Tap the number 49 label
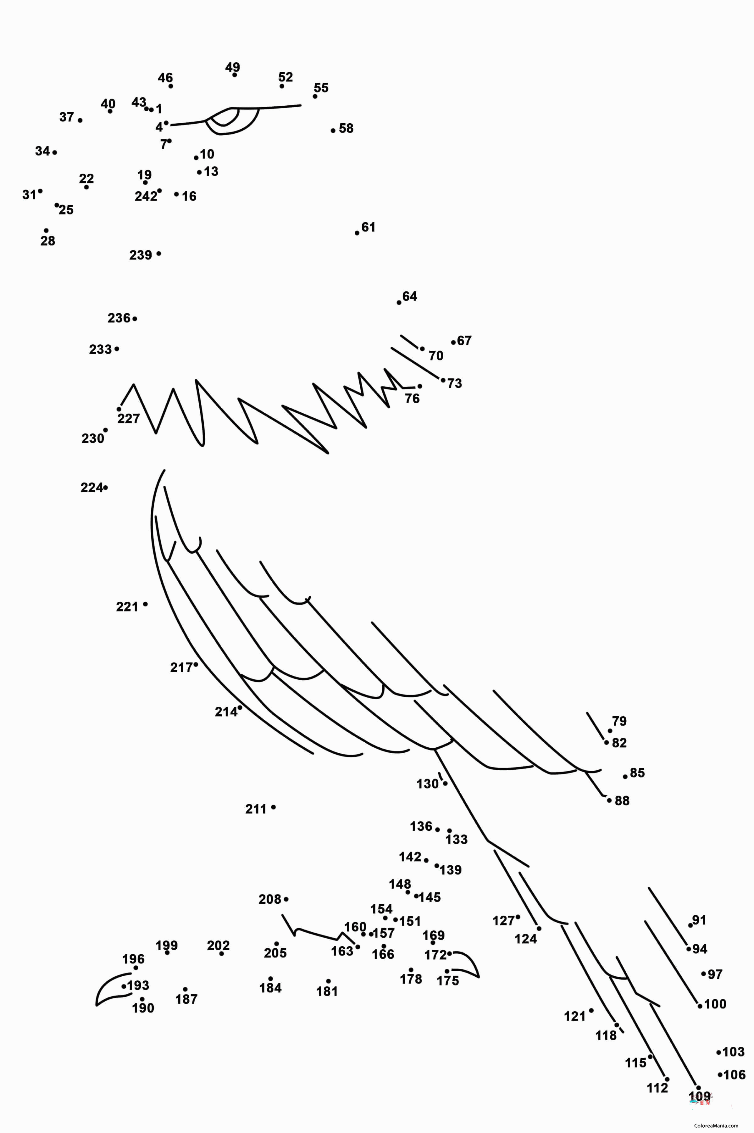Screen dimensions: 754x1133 click(x=233, y=67)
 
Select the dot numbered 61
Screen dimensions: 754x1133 click(x=357, y=233)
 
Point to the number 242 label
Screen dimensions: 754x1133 click(x=146, y=196)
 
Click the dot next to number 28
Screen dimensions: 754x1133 click(x=46, y=231)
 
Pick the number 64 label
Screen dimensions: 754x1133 click(x=410, y=296)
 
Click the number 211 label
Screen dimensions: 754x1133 click(x=256, y=809)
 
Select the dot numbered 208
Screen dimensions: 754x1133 click(x=286, y=899)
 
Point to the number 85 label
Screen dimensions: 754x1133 click(x=637, y=773)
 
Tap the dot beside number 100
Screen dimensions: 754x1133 click(x=700, y=1006)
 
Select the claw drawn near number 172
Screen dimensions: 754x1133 click(x=465, y=965)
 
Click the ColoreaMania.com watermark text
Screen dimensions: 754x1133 click(x=716, y=1125)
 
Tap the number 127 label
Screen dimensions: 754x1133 click(x=503, y=921)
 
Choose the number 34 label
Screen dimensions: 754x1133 click(x=42, y=152)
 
